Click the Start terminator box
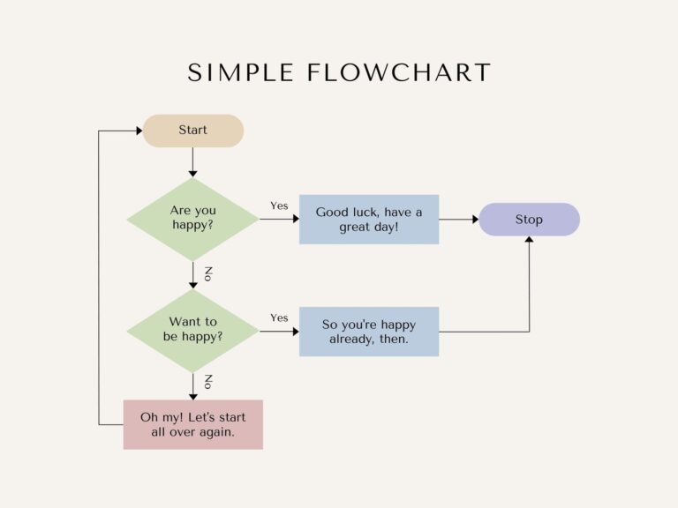[192, 131]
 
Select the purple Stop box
[529, 220]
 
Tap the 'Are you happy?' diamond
[192, 219]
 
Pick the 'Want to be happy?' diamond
[192, 330]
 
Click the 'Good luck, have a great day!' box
[369, 220]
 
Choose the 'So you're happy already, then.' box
[369, 332]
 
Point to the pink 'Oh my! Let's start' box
[192, 424]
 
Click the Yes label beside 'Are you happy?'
[279, 205]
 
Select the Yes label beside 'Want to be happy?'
[279, 317]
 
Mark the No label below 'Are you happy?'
[208, 273]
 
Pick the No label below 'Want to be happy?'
[208, 382]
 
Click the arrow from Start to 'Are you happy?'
[192, 161]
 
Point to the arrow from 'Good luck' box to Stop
[458, 219]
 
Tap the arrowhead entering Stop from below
[529, 241]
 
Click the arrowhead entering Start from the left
[138, 131]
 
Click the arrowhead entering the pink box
[192, 396]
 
